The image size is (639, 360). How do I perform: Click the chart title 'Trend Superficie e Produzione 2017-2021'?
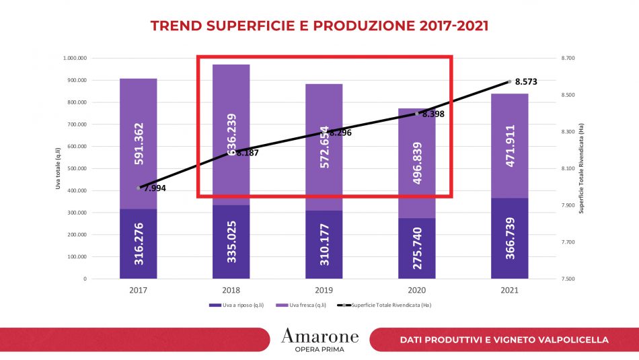point(319,26)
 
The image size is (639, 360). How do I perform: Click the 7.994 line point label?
point(154,188)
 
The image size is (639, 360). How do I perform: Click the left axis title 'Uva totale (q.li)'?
point(59,168)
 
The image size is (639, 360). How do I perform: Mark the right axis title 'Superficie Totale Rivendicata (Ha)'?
point(581,168)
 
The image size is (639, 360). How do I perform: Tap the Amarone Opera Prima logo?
point(319,340)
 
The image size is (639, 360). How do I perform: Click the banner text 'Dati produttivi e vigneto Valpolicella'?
point(504,340)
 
